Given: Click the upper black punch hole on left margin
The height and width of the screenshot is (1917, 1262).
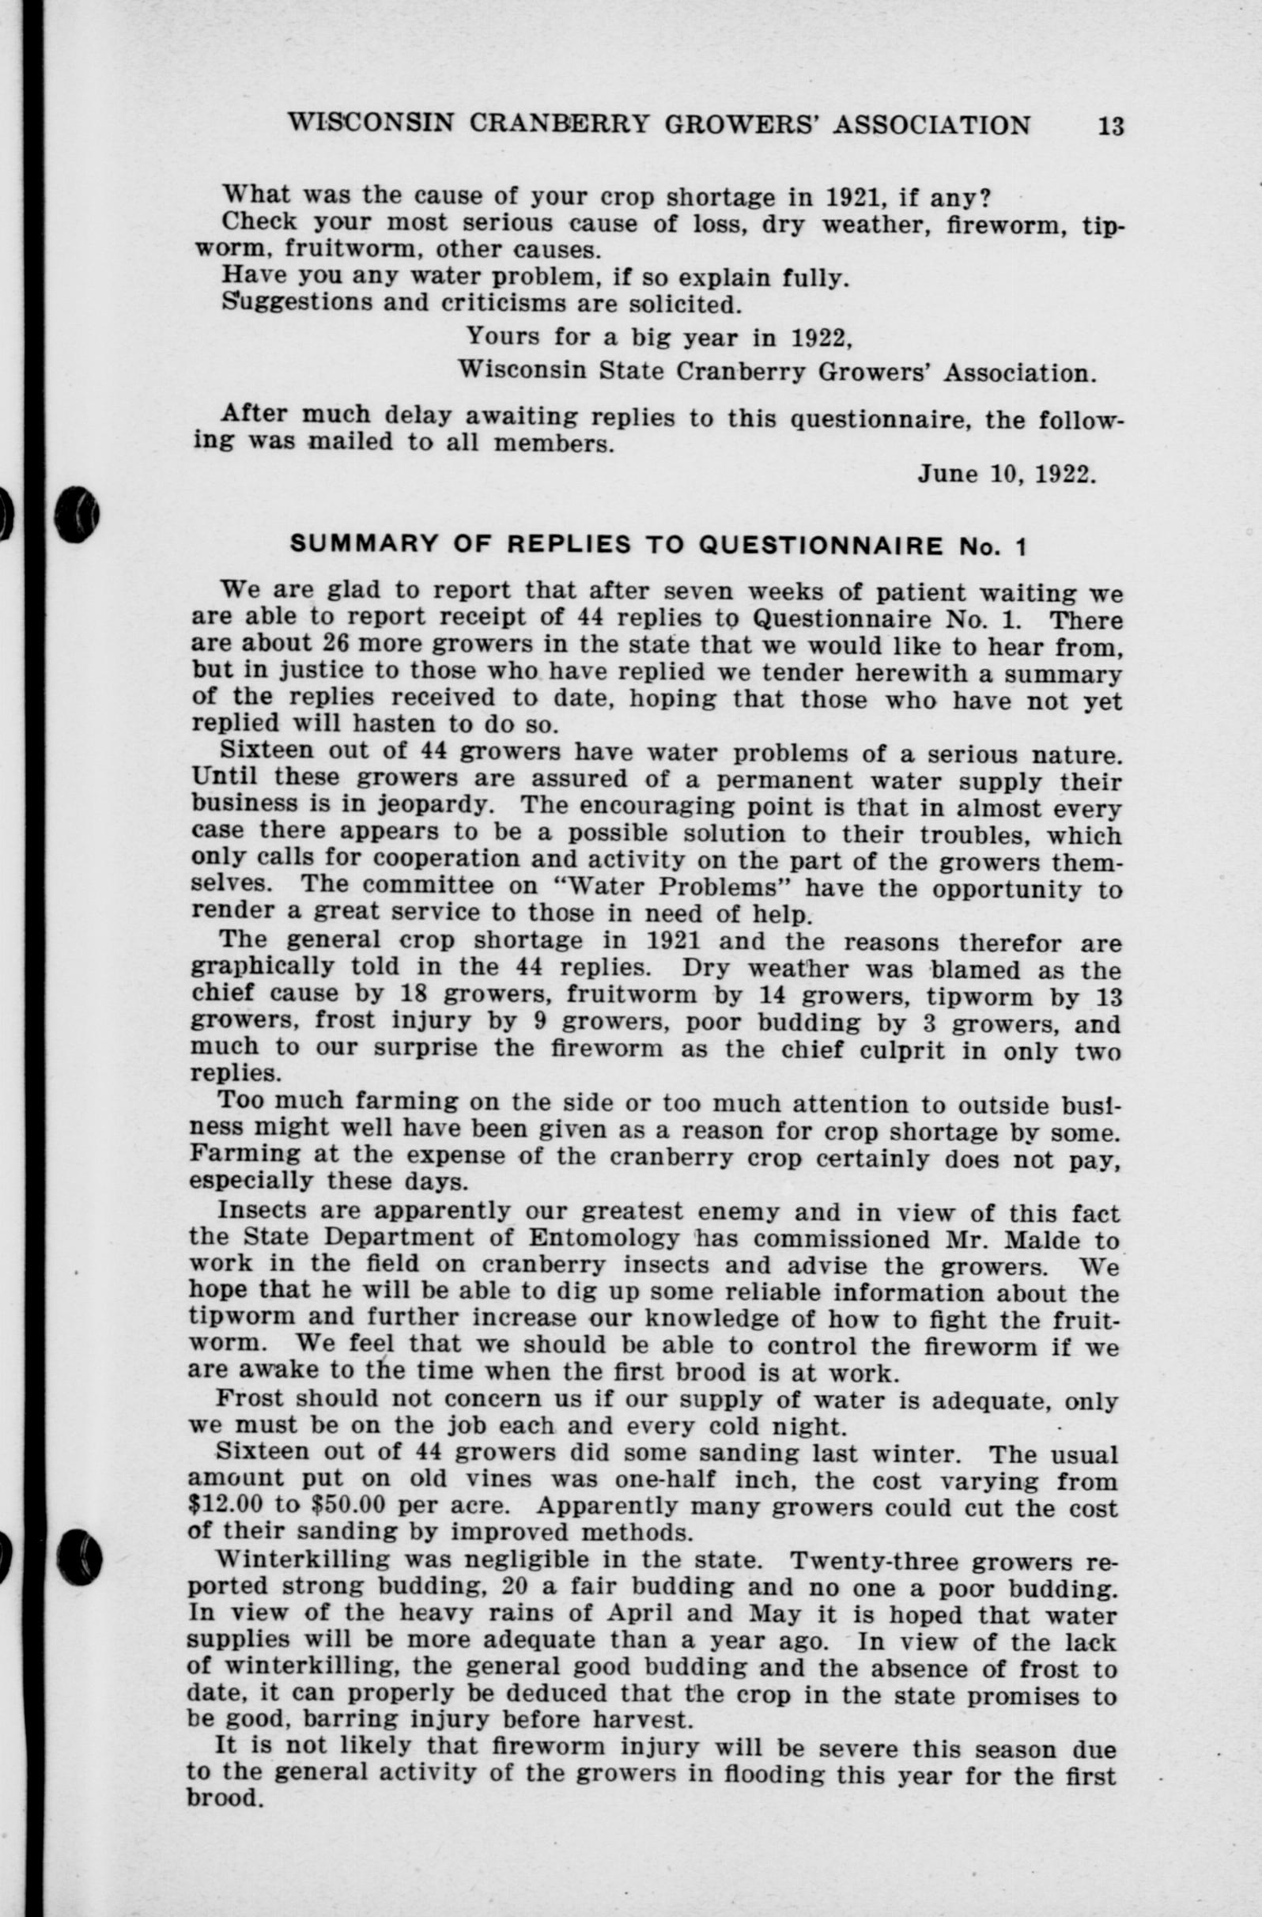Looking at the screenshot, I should pos(77,514).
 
